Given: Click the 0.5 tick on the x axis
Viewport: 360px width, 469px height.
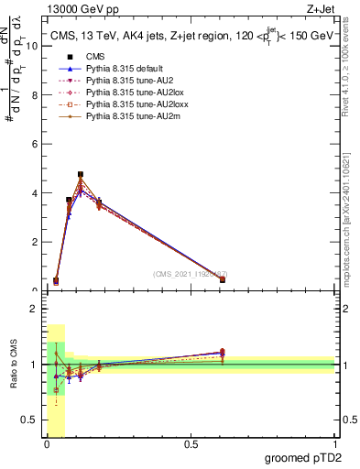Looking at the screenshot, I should (x=191, y=446).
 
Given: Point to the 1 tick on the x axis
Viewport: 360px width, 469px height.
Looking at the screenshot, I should (x=335, y=446).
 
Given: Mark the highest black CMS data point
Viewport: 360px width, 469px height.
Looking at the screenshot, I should (x=81, y=174).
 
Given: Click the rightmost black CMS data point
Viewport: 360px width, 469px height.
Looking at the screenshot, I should (x=223, y=279).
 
